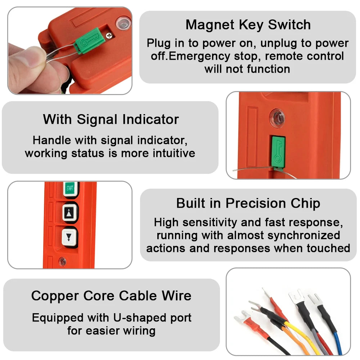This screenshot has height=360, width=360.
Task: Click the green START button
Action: [71, 189]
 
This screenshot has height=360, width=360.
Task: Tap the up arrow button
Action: [70, 213]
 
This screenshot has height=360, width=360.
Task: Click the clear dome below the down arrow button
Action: [62, 261]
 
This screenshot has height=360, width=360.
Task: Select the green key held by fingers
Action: [86, 41]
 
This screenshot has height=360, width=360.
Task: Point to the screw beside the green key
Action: [109, 35]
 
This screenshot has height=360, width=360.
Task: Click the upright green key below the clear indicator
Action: [278, 152]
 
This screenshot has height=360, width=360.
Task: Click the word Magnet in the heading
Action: [210, 24]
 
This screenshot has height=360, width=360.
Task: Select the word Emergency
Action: [199, 57]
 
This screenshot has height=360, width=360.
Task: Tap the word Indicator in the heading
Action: [150, 119]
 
